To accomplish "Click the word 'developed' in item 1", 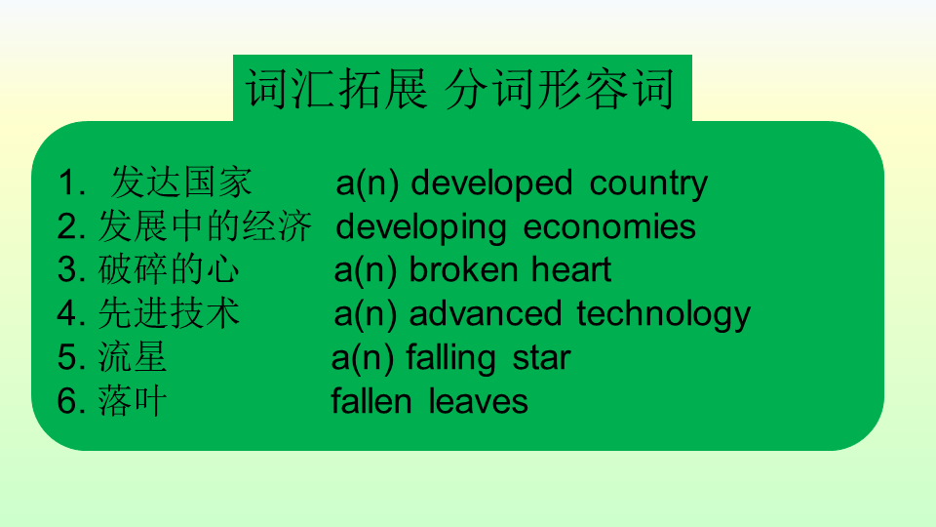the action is pos(491,183).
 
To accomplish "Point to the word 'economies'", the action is pos(609,227).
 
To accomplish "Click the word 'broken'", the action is pos(463,270).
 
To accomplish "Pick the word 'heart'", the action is pos(571,270).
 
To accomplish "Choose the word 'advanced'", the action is pos(486,313).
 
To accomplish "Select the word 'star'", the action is pos(541,358).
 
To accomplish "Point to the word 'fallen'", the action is pos(371,401).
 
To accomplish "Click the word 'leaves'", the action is pos(478,401).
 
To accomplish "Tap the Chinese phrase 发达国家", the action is pos(181,182).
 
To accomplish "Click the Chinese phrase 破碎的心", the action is pos(169,270).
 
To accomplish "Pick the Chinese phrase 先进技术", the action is pos(169,313).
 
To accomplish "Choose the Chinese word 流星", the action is pos(133,358).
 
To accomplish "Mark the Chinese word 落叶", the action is pos(133,401).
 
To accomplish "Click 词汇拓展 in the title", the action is pos(336,89).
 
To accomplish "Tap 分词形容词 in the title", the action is pos(560,89).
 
